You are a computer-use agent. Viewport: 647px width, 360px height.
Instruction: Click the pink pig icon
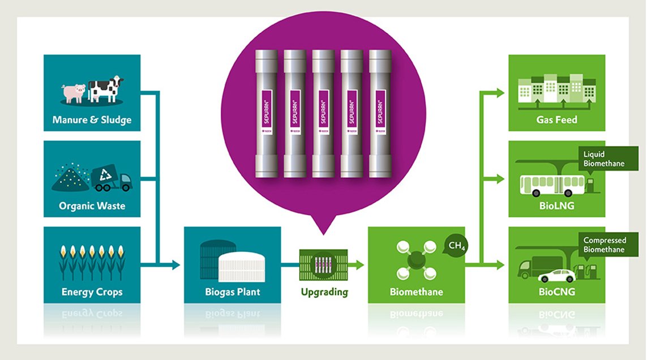click(x=74, y=92)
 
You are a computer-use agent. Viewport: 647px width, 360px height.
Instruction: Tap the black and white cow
click(x=106, y=88)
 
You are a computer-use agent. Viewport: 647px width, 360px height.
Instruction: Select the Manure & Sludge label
click(x=92, y=119)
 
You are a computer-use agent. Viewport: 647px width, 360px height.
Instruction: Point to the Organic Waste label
click(x=92, y=206)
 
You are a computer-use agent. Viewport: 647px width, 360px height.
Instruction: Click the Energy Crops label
click(x=92, y=292)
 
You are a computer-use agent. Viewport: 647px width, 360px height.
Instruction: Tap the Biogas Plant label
click(x=233, y=292)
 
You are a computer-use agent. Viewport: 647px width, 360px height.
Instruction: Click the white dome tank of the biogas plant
click(x=241, y=265)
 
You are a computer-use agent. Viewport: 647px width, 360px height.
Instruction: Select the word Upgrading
click(x=324, y=292)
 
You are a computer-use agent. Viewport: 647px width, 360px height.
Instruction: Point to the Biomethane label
click(x=416, y=292)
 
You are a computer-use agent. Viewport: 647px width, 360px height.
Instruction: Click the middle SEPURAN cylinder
click(x=323, y=113)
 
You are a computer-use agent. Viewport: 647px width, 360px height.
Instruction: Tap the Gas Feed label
click(x=557, y=119)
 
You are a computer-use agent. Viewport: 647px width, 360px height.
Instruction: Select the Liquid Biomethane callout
click(x=603, y=158)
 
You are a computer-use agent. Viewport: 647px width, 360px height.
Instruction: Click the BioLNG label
click(x=557, y=206)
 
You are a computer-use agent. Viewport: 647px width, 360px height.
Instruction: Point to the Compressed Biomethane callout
click(x=604, y=245)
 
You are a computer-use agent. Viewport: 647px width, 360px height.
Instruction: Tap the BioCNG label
click(x=557, y=292)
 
